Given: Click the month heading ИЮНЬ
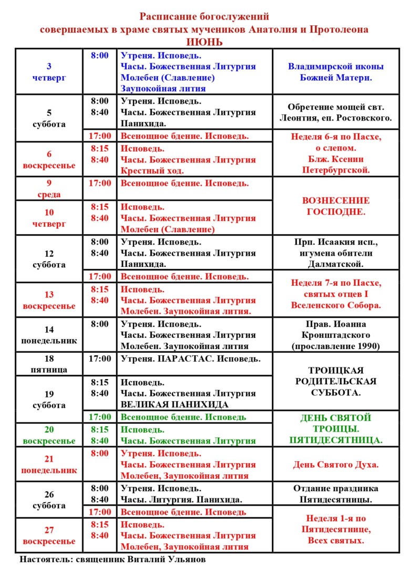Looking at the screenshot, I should coord(204,42).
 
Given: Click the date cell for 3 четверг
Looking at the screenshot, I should coord(49,72).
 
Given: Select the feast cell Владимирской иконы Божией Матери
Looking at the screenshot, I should coord(335,72).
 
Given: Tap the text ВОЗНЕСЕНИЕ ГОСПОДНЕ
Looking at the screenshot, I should coord(335,206).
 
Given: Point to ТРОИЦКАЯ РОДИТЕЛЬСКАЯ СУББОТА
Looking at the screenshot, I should coord(335,381).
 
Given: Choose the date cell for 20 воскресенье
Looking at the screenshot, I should coord(49,435).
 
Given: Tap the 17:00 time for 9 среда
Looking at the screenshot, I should coord(100,183).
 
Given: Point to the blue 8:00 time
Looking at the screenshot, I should coord(100,55).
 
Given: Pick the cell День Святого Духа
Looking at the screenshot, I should coord(335,464).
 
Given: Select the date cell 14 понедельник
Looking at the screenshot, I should coord(49,335).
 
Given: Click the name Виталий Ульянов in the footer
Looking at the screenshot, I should coord(167,560).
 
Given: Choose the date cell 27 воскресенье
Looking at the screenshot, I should coord(49,535).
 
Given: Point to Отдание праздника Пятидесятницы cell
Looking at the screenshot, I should coord(335,494).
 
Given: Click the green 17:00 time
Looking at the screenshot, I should coord(100,417).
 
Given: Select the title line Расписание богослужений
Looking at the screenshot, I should coord(204,17).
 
